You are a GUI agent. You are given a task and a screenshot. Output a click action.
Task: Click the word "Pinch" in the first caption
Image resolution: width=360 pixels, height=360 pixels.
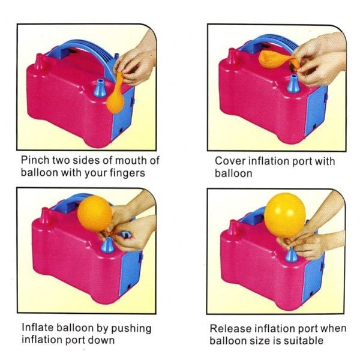tap(34, 161)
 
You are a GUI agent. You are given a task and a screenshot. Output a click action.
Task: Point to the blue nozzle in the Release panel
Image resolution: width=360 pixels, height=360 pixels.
tap(292, 254)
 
